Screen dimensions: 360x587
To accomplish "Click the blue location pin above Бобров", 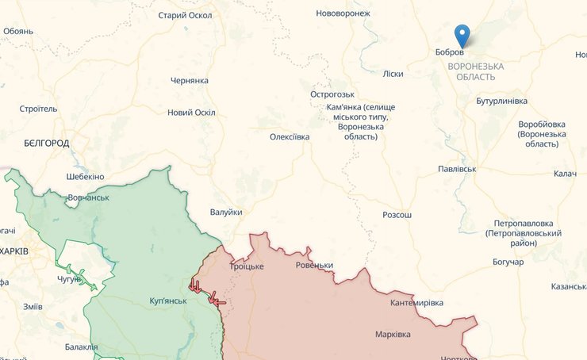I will coord(462,36).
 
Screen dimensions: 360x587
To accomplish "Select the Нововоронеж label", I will coord(343,13).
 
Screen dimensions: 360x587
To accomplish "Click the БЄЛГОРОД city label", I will coord(45,144).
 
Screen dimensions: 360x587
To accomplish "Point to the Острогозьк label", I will coord(332,94).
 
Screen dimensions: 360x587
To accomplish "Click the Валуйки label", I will coord(226,213).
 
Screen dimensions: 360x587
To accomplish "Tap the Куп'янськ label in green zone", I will coord(168,301).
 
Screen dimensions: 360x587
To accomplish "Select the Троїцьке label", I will coord(247,266).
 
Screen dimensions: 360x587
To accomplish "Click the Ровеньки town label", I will coord(314,266).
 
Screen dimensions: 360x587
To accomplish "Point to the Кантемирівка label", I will coord(417,303).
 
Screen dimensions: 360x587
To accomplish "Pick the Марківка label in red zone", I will coord(393,335).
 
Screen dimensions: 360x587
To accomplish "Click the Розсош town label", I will coord(397,215).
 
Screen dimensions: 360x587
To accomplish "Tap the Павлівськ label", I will coord(457,170).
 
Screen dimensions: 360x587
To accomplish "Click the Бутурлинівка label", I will coord(501,101).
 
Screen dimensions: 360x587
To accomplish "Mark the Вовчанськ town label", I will coord(88,197).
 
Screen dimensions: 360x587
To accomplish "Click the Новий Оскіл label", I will coord(191,113).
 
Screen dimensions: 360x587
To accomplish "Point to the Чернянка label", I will coord(190,81).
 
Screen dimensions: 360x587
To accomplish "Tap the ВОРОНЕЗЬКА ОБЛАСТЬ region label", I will coord(476,71).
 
